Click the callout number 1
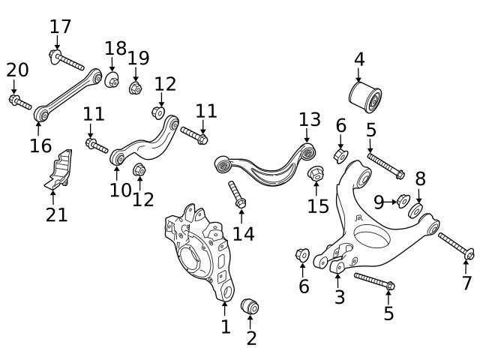pyautogui.click(x=225, y=326)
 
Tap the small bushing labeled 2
pyautogui.click(x=250, y=307)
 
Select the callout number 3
pyautogui.click(x=340, y=297)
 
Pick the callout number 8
pyautogui.click(x=420, y=178)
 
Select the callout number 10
pyautogui.click(x=120, y=190)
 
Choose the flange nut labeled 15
pyautogui.click(x=316, y=172)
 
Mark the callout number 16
pyautogui.click(x=40, y=145)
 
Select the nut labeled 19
pyautogui.click(x=136, y=88)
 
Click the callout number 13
pyautogui.click(x=309, y=119)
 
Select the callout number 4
pyautogui.click(x=359, y=58)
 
